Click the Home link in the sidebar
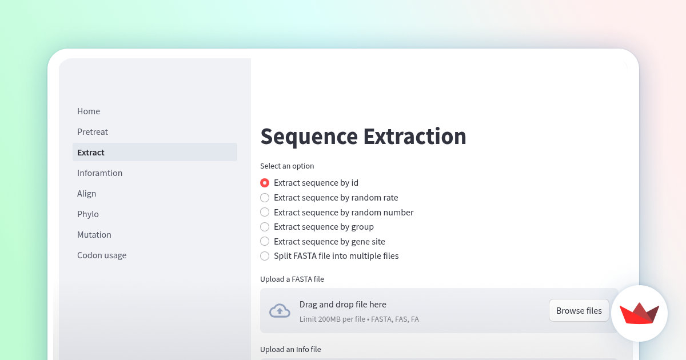point(89,111)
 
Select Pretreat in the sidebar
point(93,132)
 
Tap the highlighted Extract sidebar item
point(91,153)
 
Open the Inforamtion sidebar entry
point(100,173)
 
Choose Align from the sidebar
point(87,194)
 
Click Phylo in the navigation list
point(88,214)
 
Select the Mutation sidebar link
point(94,235)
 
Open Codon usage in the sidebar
point(102,255)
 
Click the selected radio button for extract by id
point(265,183)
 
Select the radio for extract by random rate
point(265,198)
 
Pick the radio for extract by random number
point(265,213)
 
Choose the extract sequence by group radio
point(265,227)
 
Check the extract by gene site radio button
point(265,242)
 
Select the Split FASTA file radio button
point(265,256)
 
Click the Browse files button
point(579,310)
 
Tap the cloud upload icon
point(280,310)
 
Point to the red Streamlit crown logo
point(639,314)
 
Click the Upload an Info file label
point(294,349)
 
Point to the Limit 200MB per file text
point(332,319)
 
